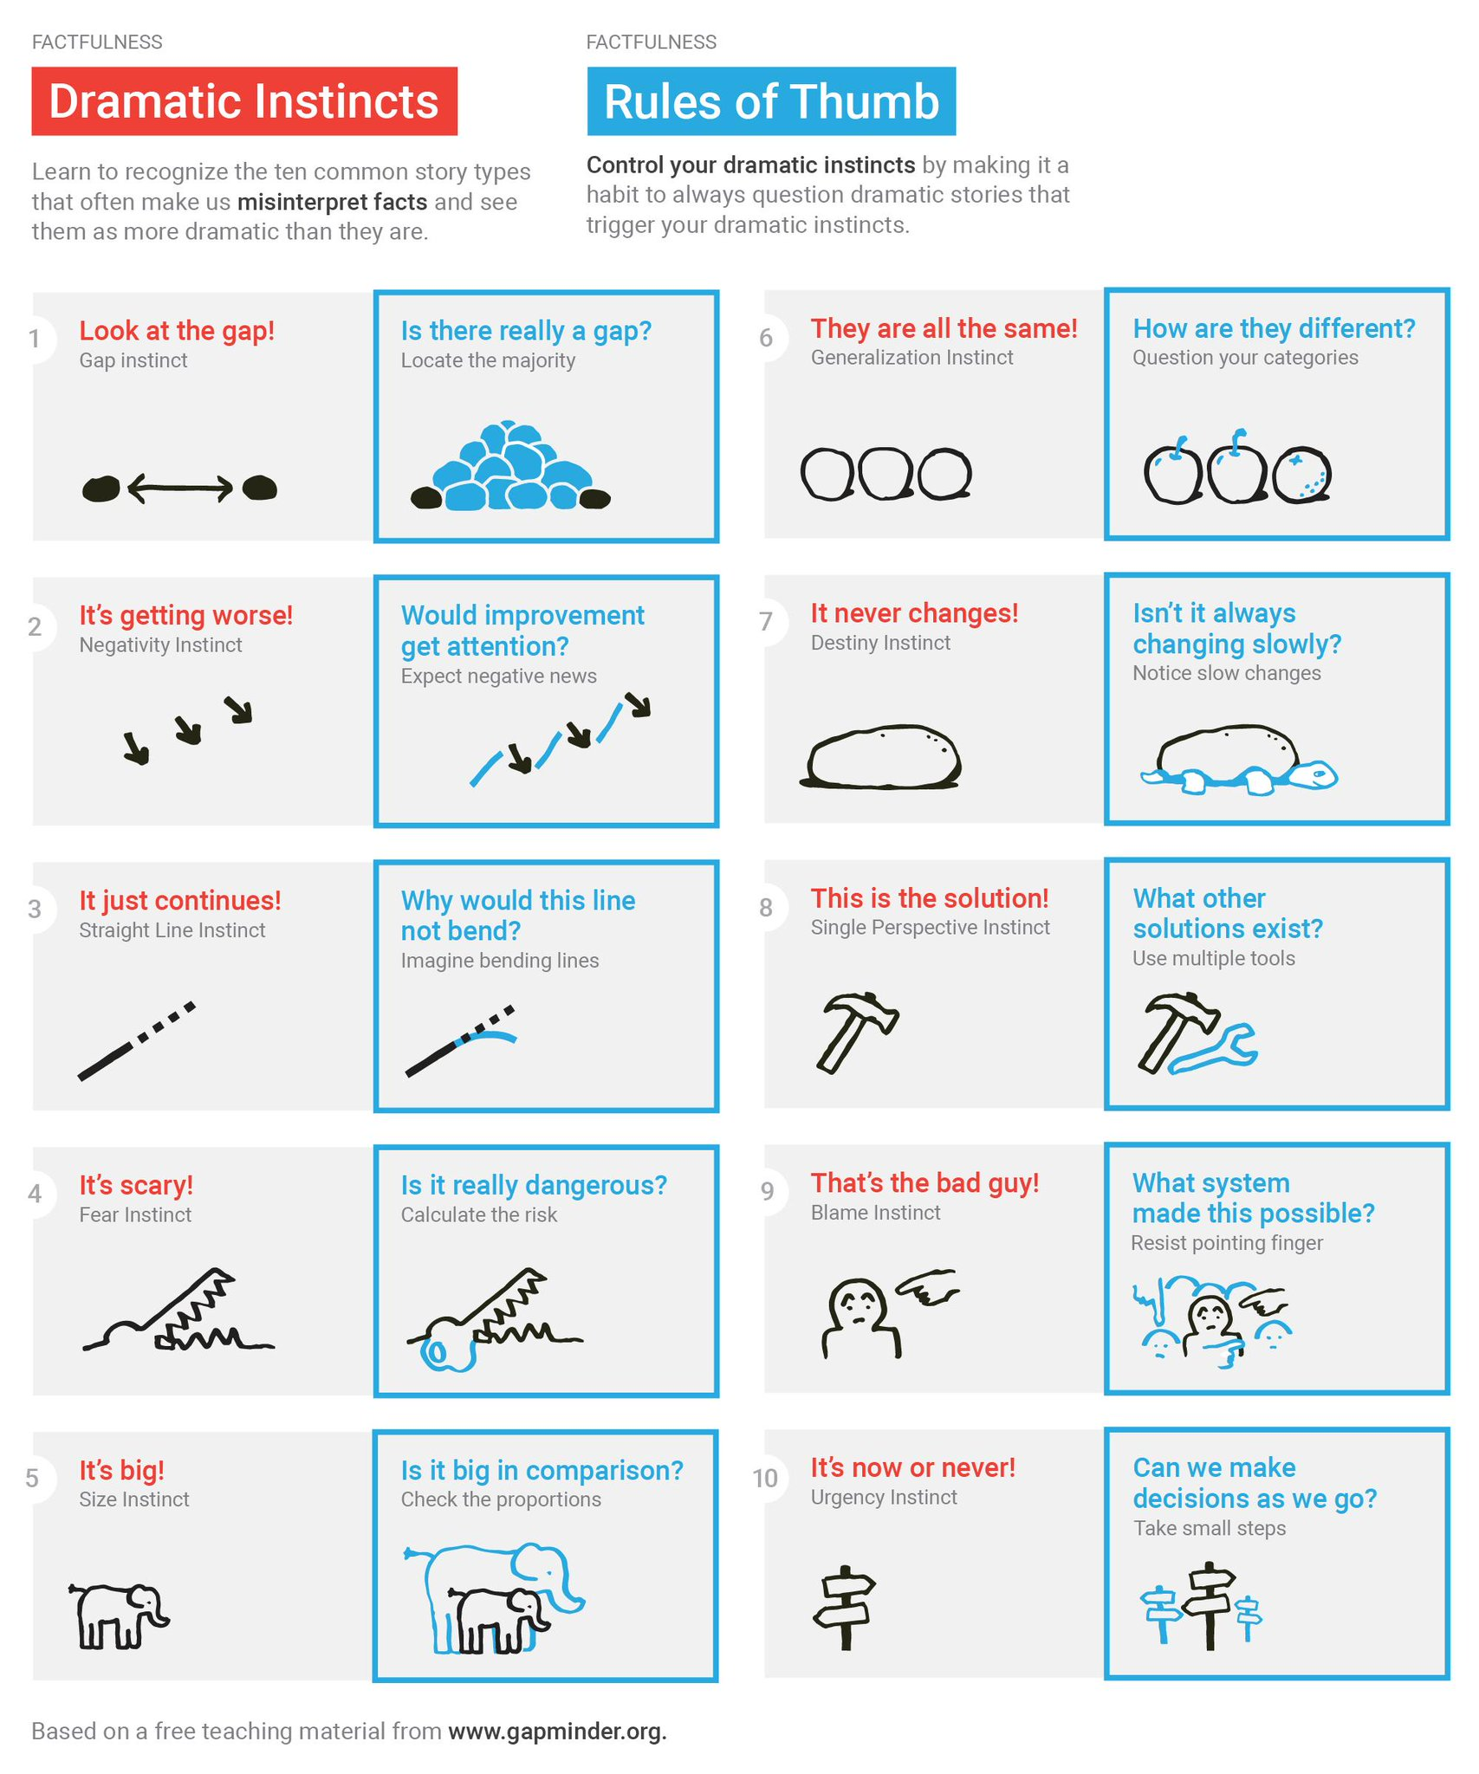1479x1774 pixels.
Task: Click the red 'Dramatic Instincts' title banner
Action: click(x=244, y=100)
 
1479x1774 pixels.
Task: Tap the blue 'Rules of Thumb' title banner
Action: click(x=771, y=100)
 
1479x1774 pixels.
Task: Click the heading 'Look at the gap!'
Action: click(x=177, y=330)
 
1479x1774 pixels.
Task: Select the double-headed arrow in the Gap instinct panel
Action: click(x=180, y=488)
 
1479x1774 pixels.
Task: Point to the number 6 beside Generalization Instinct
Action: click(x=766, y=338)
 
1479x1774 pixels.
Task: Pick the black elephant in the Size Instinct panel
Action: click(x=119, y=1615)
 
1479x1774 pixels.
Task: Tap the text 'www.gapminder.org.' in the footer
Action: click(x=557, y=1731)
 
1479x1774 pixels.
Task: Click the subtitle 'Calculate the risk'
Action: click(x=479, y=1214)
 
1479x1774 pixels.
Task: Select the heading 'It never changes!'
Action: click(x=914, y=612)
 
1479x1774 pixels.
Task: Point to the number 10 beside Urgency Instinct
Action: click(x=765, y=1478)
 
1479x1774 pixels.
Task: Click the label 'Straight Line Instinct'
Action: click(x=172, y=929)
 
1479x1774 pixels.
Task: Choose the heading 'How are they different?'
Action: click(x=1274, y=328)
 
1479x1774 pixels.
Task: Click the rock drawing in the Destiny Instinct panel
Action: click(x=882, y=756)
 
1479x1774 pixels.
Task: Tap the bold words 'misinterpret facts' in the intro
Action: click(x=333, y=202)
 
